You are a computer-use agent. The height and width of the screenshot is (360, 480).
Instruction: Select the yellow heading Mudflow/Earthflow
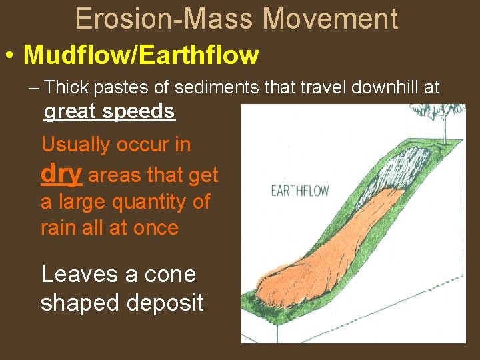[141, 55]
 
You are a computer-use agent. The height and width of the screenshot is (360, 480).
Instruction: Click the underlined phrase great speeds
[109, 111]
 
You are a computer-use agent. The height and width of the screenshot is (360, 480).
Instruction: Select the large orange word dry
[61, 173]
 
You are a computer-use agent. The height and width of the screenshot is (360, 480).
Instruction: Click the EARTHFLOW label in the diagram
[299, 191]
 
